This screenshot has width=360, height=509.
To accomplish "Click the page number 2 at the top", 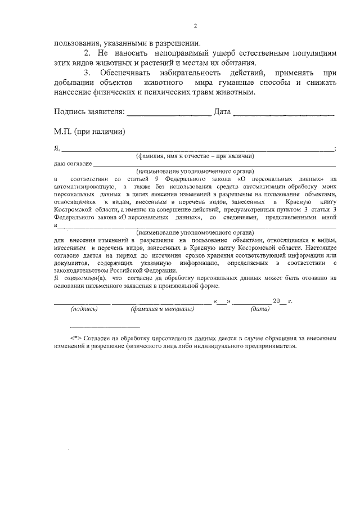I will click(195, 26).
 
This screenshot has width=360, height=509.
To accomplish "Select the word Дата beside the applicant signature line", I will click(223, 111).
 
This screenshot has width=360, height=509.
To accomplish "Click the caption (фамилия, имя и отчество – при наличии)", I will click(195, 156).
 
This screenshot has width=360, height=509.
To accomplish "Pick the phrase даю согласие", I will click(73, 164).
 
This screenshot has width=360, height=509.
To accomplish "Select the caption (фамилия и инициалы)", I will click(162, 309).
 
